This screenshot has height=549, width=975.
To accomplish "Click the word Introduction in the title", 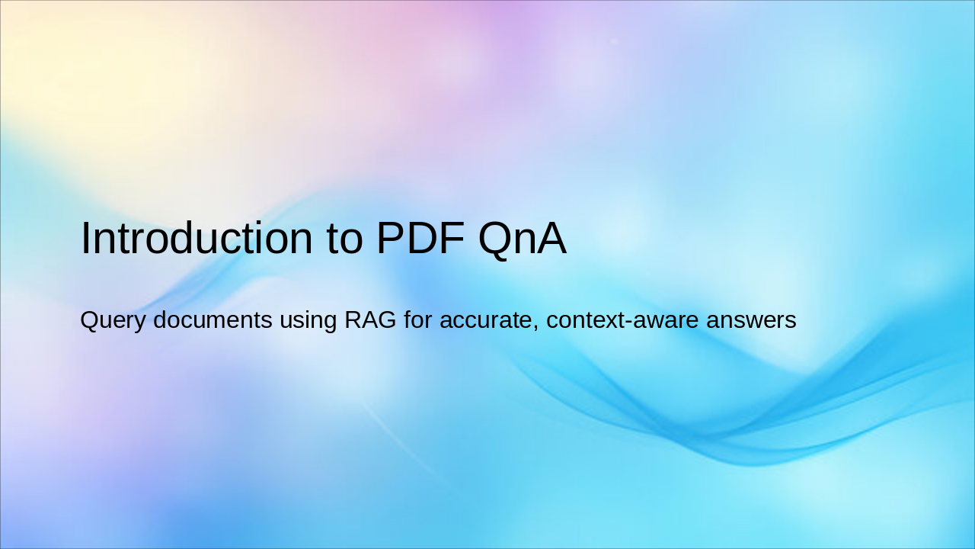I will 198,238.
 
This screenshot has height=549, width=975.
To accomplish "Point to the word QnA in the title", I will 522,238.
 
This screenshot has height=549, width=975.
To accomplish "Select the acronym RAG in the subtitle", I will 370,320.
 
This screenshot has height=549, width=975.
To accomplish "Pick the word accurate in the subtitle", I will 486,320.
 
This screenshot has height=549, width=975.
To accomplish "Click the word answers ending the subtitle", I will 751,320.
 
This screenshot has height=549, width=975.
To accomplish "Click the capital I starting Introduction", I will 85,238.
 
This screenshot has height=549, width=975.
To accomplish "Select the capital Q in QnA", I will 496,238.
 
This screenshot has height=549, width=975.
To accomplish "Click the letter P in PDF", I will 390,238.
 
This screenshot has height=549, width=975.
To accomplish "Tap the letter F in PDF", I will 452,238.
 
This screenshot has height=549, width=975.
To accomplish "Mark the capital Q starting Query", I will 88,320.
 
